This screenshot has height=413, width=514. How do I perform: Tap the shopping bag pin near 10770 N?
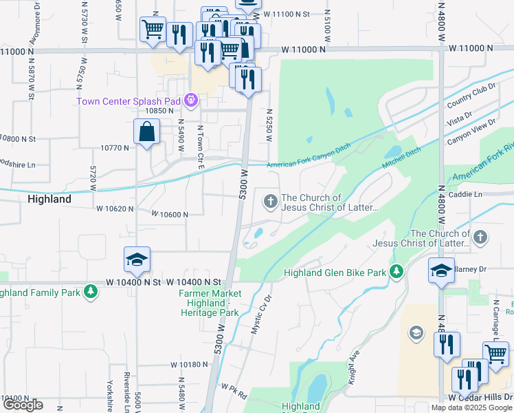pos(147,132)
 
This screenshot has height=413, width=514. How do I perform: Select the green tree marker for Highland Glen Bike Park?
pos(396,273)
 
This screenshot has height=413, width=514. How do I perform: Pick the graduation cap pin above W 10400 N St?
pos(137,260)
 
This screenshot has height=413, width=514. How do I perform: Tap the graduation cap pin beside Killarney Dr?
pos(440,271)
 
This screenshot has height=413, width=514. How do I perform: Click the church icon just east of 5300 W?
pos(270,202)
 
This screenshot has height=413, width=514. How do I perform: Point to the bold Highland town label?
pos(49,199)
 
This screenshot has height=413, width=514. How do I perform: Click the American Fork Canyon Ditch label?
pos(308,165)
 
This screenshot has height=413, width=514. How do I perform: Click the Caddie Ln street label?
pos(465,195)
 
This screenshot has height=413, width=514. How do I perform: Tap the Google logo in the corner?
pos(23,405)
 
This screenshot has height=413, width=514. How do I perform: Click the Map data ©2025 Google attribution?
pos(471,407)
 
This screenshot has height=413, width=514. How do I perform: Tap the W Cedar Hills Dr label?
pos(480,398)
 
